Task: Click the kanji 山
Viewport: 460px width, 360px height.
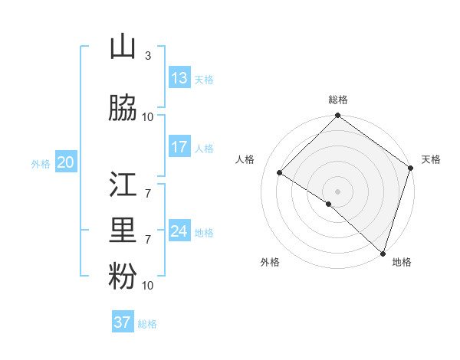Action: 123,47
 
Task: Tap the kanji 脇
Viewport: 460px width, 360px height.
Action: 123,108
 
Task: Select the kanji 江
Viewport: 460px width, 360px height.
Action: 123,185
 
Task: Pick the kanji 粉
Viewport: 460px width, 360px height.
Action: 123,277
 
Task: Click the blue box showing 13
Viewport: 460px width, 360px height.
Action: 179,78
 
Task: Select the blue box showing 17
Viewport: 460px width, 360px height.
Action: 179,147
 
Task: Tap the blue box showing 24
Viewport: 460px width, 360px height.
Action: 179,231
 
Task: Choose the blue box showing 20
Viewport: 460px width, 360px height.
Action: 66,162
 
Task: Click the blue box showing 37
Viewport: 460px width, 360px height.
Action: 123,322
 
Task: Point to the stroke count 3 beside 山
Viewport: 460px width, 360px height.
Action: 147,56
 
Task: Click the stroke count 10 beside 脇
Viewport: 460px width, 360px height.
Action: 148,116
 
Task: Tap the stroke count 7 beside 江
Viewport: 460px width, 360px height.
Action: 147,193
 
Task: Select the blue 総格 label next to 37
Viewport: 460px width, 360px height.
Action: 147,324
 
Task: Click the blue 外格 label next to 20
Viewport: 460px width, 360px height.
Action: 41,163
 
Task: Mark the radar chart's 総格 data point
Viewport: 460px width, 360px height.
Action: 337,116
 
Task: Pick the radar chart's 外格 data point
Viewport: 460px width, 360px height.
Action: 328,204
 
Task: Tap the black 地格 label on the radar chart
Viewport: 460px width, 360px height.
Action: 402,262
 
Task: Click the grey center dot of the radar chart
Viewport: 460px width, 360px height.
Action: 337,191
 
